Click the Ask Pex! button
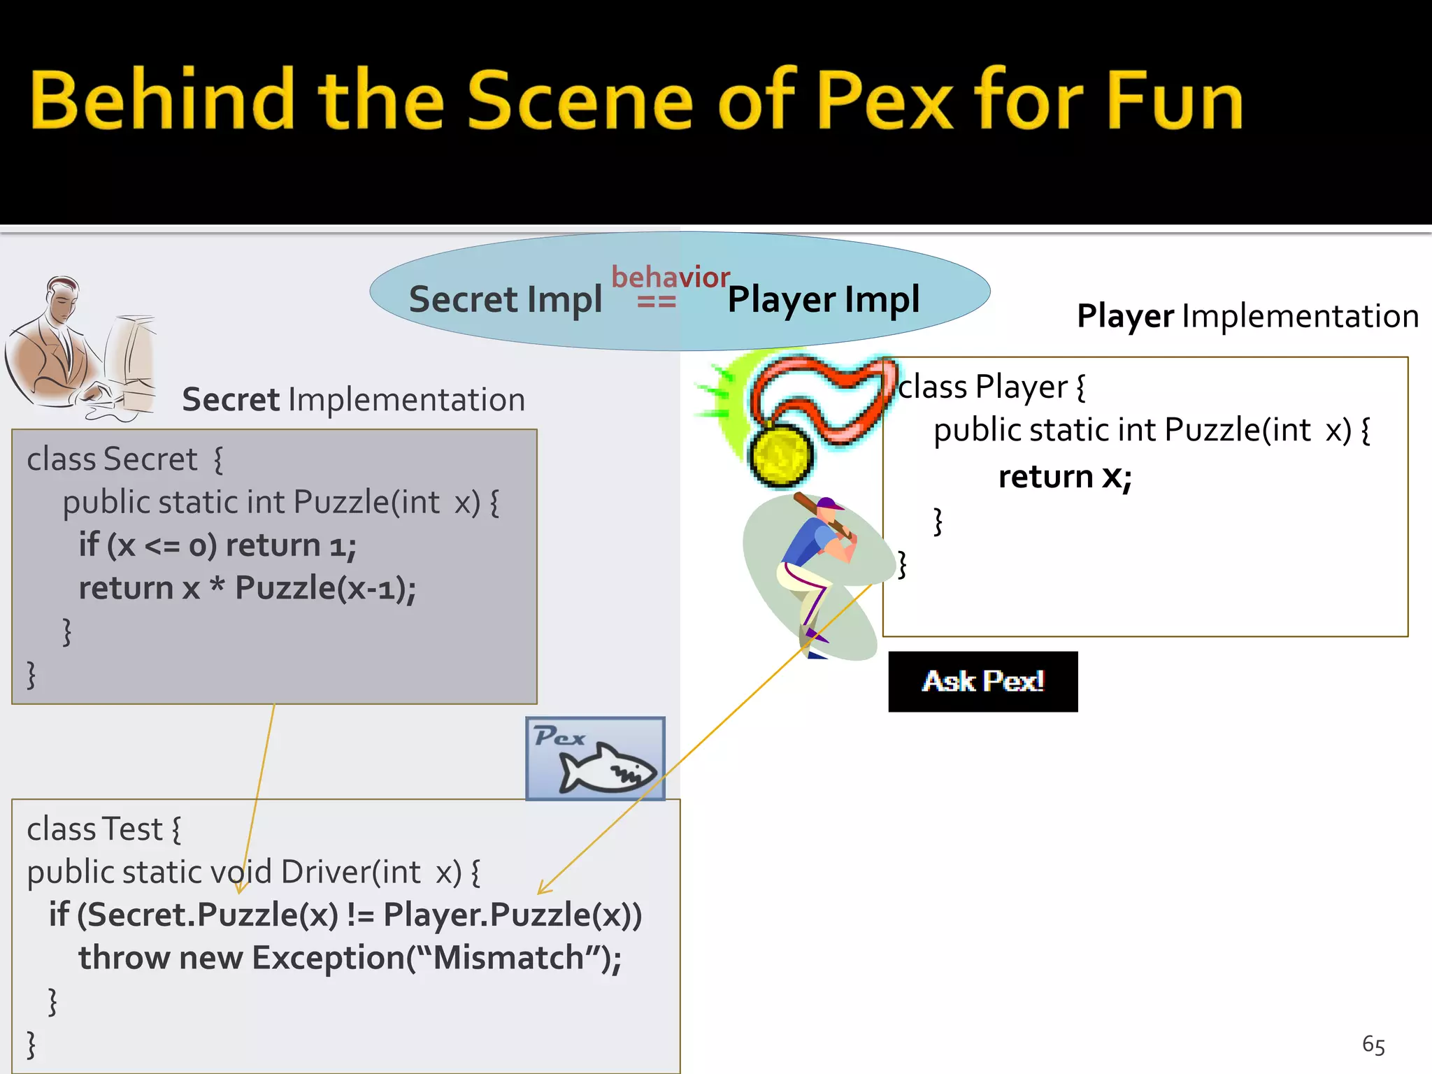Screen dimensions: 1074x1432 [982, 682]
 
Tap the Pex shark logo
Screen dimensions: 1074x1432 [595, 759]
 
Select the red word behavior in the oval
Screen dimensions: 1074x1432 [670, 277]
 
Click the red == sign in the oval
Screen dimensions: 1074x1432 [656, 302]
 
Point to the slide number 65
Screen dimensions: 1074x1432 [1373, 1045]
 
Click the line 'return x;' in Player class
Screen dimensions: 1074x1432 [1065, 477]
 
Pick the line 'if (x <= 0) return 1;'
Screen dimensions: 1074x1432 [217, 545]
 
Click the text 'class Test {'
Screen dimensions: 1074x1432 [103, 829]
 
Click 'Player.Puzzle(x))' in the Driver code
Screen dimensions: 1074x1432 [513, 915]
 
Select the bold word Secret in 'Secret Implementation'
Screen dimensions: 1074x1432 [231, 400]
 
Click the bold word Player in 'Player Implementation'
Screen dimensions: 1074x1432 [1124, 316]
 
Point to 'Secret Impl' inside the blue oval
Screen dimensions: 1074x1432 [505, 299]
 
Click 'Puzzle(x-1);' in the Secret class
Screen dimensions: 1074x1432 [325, 588]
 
